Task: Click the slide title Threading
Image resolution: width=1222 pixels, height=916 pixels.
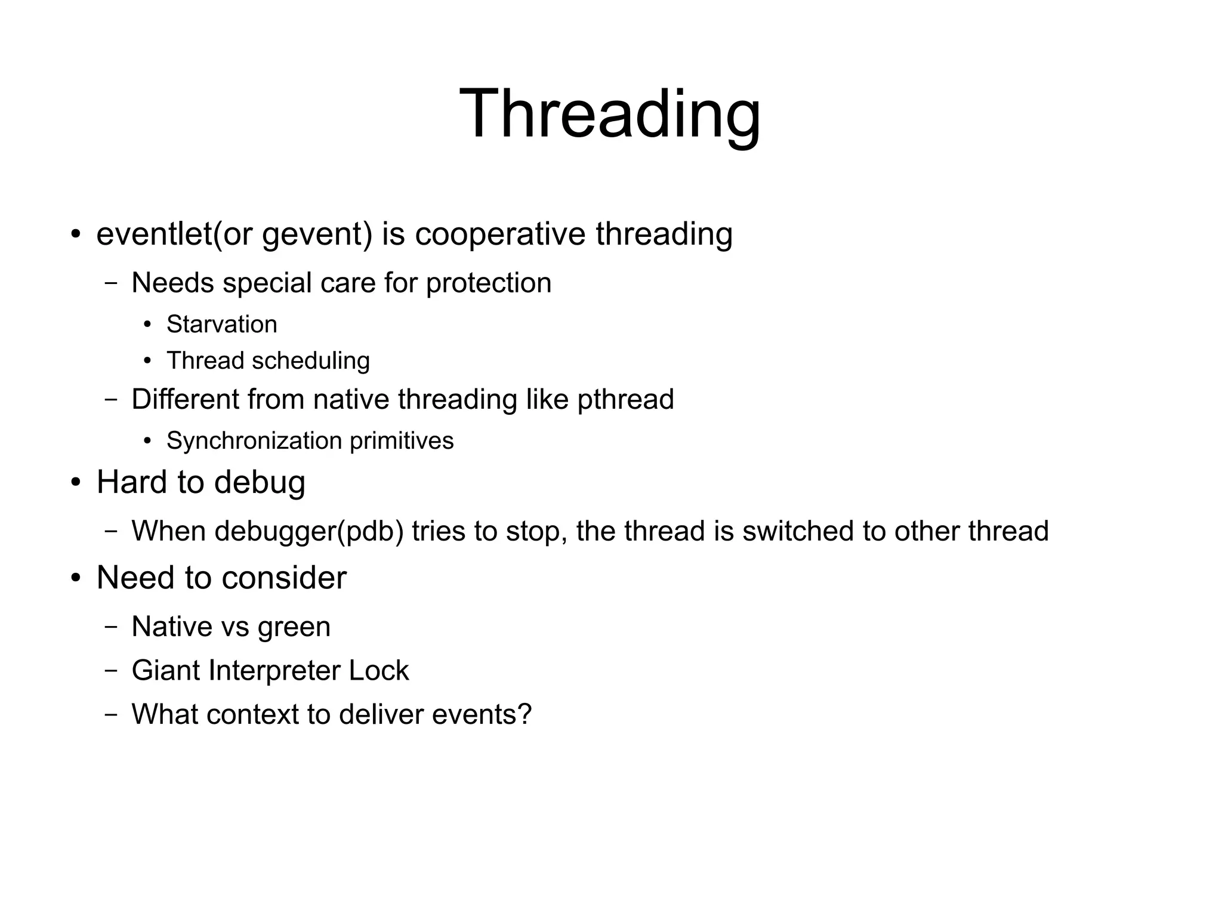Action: [x=610, y=114]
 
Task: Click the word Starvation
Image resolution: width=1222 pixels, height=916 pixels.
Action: [x=221, y=325]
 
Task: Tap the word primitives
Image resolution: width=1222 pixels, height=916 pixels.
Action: [x=402, y=442]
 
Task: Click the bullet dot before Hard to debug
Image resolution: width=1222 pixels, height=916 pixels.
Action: [x=75, y=482]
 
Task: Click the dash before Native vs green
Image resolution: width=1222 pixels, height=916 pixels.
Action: [x=111, y=627]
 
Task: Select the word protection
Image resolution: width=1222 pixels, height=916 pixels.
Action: [x=488, y=283]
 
